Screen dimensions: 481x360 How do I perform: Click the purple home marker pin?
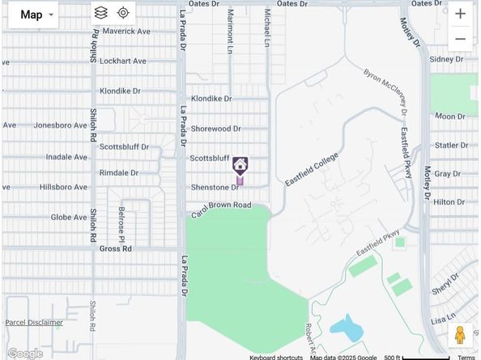point(240,167)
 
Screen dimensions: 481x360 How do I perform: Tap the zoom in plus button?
point(460,14)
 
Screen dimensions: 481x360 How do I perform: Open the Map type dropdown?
point(33,15)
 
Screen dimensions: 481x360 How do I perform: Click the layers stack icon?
point(100,13)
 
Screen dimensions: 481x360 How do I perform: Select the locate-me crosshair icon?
point(123,13)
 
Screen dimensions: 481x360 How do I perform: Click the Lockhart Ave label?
point(123,61)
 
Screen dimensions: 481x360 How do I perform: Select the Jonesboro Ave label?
point(60,125)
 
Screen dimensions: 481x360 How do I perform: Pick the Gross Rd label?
point(115,249)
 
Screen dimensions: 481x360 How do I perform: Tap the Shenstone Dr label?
point(215,187)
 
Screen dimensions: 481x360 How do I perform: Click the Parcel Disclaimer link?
point(34,323)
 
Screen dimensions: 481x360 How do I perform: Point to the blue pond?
point(347,328)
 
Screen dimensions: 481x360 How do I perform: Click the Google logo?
point(24,354)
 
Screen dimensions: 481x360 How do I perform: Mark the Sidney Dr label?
point(445,59)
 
